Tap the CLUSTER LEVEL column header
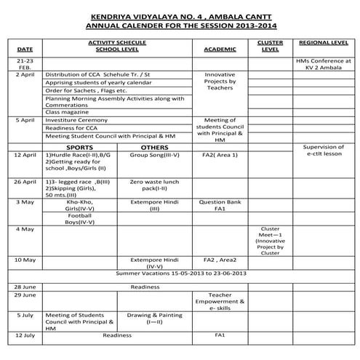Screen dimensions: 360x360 pyautogui.click(x=271, y=47)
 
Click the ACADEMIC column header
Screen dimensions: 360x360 pyautogui.click(x=220, y=49)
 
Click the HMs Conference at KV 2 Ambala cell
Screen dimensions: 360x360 pyautogui.click(x=323, y=65)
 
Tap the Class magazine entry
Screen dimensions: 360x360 pyautogui.click(x=65, y=111)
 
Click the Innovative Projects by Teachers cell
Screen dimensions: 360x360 pyautogui.click(x=220, y=84)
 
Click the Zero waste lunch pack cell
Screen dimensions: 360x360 pyautogui.click(x=154, y=185)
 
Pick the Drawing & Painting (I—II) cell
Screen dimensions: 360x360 pyautogui.click(x=154, y=318)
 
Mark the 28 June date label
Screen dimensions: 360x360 pyautogui.click(x=24, y=287)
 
